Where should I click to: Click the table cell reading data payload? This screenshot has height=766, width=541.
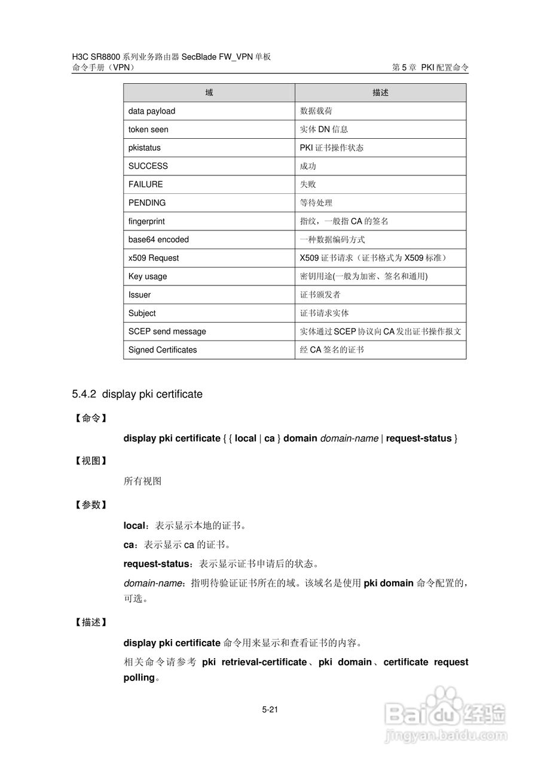(x=152, y=111)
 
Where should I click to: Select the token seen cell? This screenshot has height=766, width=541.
(x=148, y=129)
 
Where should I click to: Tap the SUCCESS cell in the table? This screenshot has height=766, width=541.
(x=148, y=166)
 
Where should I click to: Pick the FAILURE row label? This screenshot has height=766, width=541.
(x=145, y=184)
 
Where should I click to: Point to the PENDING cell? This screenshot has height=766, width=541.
(x=147, y=203)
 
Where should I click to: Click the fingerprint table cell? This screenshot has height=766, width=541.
(x=146, y=221)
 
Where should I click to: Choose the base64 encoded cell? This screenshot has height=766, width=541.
(x=158, y=240)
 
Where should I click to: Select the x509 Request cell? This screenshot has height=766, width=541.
(x=154, y=258)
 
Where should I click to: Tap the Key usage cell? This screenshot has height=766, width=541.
(x=148, y=276)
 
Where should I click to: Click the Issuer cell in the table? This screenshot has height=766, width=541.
(x=139, y=295)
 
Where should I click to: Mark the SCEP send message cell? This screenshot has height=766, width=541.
(x=167, y=332)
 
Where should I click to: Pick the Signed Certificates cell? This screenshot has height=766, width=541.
(x=163, y=350)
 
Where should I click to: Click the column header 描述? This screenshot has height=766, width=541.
(x=380, y=93)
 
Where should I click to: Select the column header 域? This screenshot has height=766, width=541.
(x=209, y=93)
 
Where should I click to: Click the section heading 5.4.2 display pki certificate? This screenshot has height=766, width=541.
(x=137, y=394)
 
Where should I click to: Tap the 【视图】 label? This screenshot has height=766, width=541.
(x=91, y=461)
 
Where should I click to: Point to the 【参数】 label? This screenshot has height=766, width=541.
(x=91, y=505)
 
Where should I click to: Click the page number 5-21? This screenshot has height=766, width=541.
(x=270, y=710)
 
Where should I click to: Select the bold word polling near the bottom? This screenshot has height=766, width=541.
(x=139, y=678)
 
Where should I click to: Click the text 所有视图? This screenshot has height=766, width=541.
(x=142, y=481)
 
